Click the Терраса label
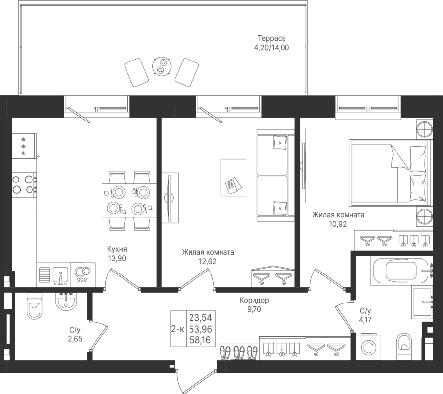(x=272, y=38)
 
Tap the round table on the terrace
(x=161, y=66)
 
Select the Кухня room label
(x=117, y=249)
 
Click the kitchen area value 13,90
(x=117, y=258)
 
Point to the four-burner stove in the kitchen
(x=24, y=185)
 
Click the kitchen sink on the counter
(x=60, y=275)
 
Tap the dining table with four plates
(x=129, y=200)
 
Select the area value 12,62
(x=208, y=261)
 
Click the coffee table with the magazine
(x=233, y=178)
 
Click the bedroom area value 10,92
(x=338, y=224)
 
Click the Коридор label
(x=254, y=301)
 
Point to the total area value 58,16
(x=200, y=340)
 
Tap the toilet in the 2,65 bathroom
(x=34, y=306)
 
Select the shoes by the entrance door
(x=239, y=353)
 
